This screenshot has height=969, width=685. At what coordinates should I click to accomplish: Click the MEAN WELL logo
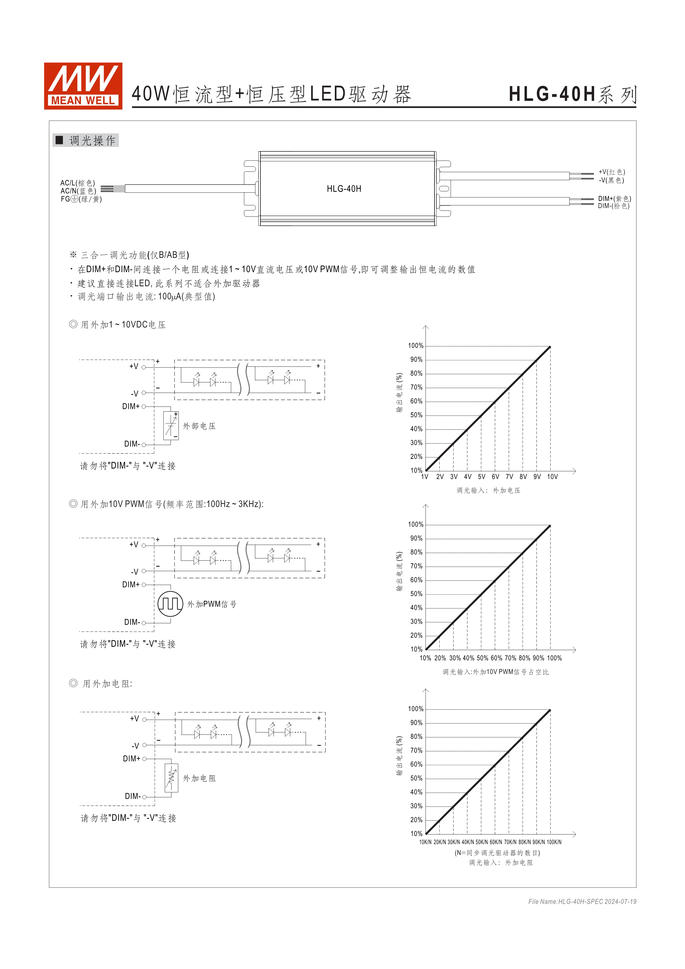[x=83, y=86]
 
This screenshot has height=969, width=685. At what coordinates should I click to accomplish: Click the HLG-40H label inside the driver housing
[x=344, y=189]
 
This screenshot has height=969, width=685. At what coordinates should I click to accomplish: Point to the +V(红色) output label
[x=612, y=172]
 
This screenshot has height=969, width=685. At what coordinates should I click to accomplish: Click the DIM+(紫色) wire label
[x=614, y=198]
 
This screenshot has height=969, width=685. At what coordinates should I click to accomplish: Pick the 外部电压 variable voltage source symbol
[x=171, y=426]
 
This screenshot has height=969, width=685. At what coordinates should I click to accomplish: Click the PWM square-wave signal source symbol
[x=170, y=604]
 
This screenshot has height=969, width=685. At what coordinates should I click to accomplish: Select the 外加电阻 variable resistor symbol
[x=171, y=778]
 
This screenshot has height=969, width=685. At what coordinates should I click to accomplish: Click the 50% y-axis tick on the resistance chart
[x=416, y=778]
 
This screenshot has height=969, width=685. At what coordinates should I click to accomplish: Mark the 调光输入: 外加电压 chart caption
[x=488, y=490]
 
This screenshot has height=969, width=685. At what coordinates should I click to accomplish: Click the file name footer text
[x=582, y=902]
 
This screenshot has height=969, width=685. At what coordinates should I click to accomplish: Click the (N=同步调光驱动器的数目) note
[x=497, y=853]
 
